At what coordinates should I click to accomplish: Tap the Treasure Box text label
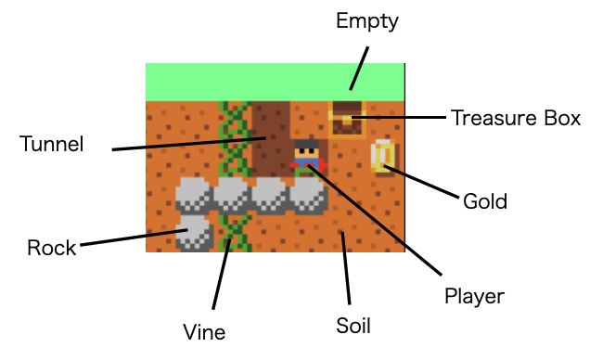[x=515, y=118]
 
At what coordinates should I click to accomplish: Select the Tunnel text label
[x=52, y=144]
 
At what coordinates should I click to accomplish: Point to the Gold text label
[x=484, y=200]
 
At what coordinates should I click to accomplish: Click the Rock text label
[x=51, y=248]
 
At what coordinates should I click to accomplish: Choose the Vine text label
[x=205, y=330]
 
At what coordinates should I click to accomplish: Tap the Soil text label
[x=353, y=326]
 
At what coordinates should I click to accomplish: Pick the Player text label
[x=474, y=297]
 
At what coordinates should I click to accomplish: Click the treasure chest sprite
[x=346, y=120]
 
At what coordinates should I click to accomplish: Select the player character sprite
[x=307, y=158]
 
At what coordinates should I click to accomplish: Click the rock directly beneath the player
[x=308, y=195]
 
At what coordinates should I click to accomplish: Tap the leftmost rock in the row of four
[x=195, y=195]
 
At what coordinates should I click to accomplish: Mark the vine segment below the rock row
[x=234, y=232]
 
